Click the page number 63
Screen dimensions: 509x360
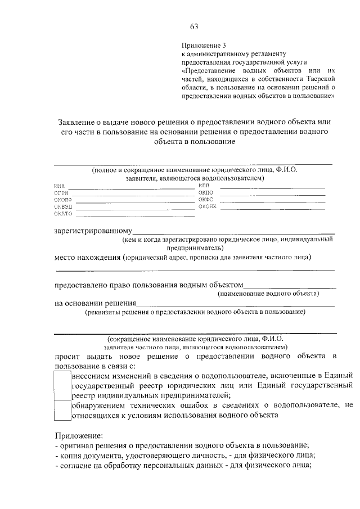point(194,26)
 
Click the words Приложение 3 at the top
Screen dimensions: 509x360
point(203,44)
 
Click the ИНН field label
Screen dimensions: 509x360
point(60,186)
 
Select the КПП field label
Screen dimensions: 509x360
point(204,185)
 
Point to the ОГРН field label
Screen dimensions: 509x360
point(61,193)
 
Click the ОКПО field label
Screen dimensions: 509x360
point(205,192)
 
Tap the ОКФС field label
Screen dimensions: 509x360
point(205,199)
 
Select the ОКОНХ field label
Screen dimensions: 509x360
point(207,206)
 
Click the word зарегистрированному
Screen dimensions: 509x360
point(93,231)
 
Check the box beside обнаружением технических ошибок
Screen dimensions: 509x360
point(62,410)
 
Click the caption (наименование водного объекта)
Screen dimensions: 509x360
point(268,294)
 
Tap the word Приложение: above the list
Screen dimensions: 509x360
point(79,436)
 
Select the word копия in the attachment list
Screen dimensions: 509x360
point(70,455)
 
